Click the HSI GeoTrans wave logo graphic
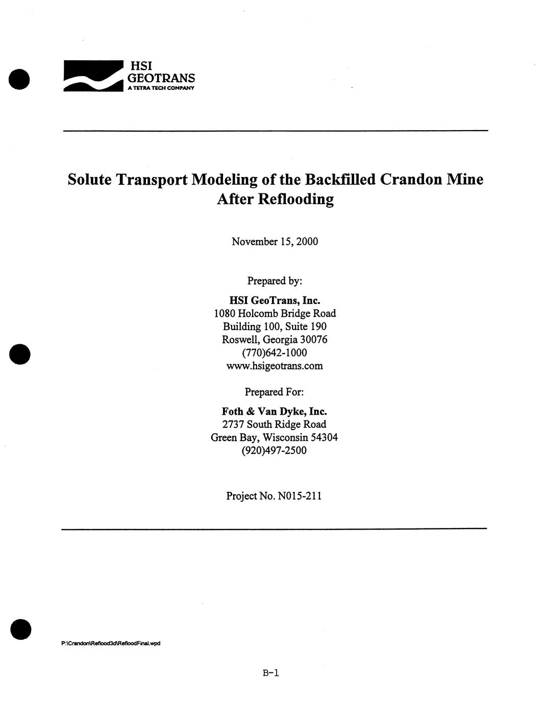(x=93, y=76)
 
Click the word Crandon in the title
(x=411, y=180)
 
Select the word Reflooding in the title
(x=296, y=199)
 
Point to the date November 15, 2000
(x=275, y=242)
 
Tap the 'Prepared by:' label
(x=275, y=281)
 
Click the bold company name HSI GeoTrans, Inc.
(x=275, y=300)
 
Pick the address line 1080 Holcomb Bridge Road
(x=275, y=313)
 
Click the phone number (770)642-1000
(x=275, y=353)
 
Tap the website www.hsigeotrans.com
(x=275, y=366)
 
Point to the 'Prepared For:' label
(x=275, y=392)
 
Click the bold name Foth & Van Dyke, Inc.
(x=275, y=411)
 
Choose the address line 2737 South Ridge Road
(x=275, y=424)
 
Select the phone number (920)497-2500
(x=275, y=451)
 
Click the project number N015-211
(x=300, y=496)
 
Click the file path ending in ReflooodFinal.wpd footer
(x=111, y=643)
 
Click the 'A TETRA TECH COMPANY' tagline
(x=161, y=88)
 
